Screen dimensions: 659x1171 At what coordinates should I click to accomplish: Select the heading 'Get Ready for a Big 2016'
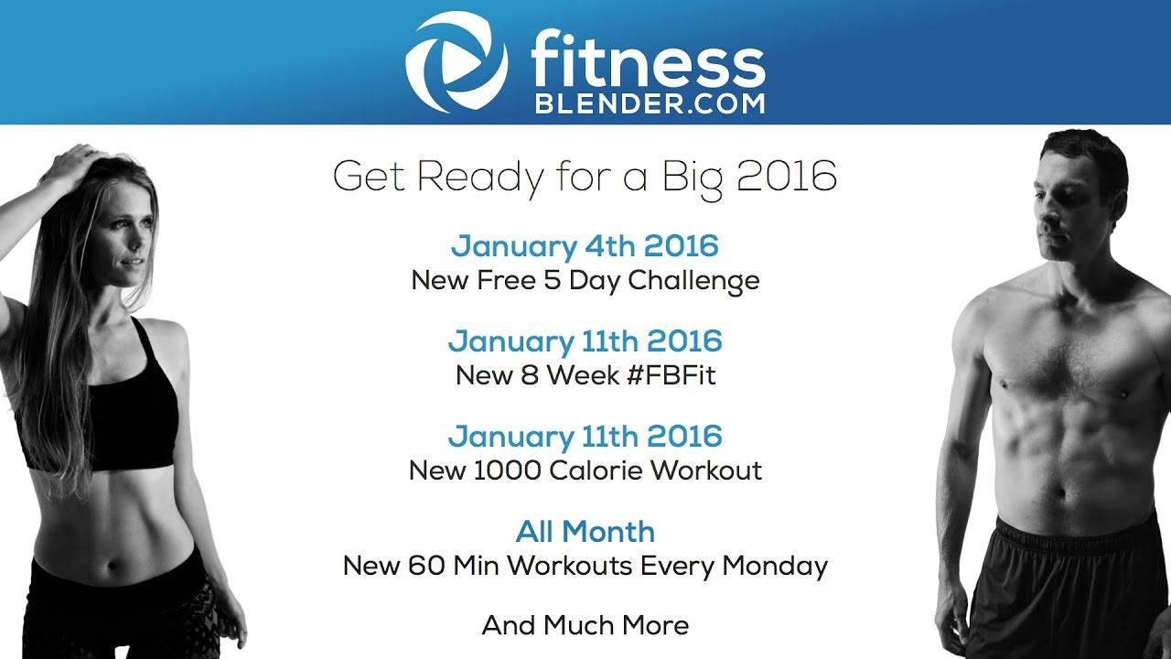(x=585, y=177)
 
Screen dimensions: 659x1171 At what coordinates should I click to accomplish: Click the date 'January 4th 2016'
(x=585, y=246)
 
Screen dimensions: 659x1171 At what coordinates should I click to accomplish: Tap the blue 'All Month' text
(x=585, y=531)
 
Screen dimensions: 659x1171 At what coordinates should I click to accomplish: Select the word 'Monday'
(x=774, y=566)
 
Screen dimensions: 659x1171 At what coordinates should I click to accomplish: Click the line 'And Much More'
(x=585, y=626)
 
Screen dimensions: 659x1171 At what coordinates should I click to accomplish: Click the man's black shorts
(x=1070, y=586)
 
